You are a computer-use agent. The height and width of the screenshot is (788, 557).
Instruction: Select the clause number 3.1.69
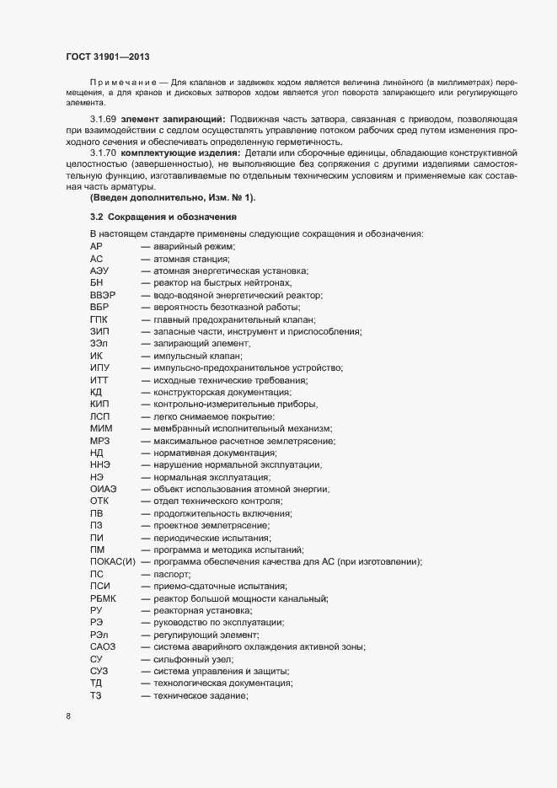(x=104, y=121)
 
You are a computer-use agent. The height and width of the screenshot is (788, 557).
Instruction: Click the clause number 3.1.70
(x=104, y=153)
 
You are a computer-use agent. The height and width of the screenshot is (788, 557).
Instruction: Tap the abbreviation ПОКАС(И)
(x=112, y=561)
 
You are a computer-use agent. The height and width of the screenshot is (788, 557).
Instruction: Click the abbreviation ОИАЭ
(x=104, y=489)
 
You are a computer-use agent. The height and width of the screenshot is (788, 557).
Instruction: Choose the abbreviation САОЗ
(x=104, y=646)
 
